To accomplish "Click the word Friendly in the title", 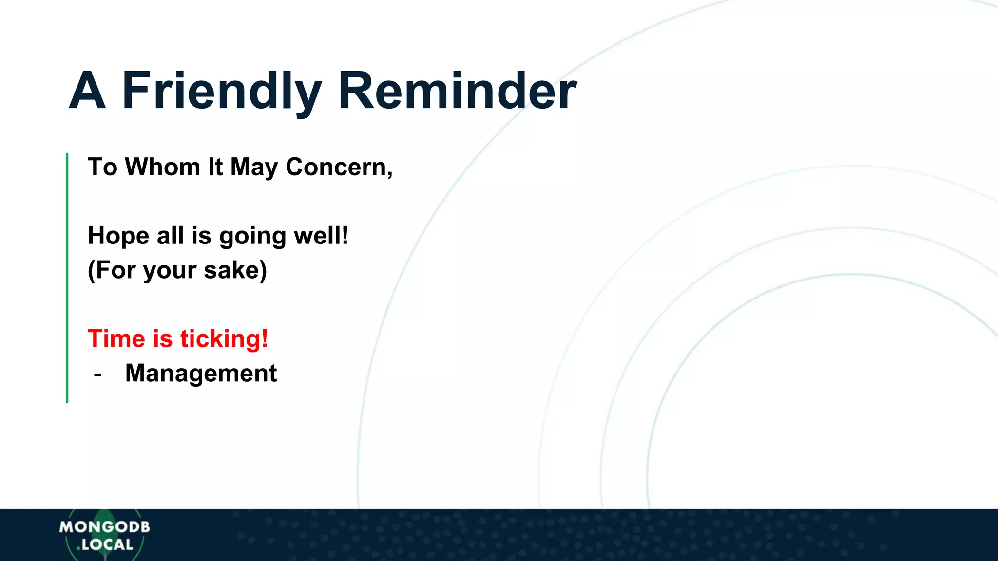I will click(x=222, y=92).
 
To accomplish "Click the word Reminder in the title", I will click(x=457, y=92).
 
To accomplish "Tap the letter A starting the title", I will click(x=87, y=92).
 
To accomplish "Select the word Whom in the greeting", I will click(x=162, y=167).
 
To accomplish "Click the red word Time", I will click(x=116, y=339).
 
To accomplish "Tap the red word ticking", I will click(x=224, y=339).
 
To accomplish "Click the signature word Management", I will click(x=201, y=374).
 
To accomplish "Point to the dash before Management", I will click(x=97, y=374).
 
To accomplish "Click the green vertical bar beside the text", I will click(x=67, y=278).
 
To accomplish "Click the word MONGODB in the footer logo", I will click(x=104, y=527).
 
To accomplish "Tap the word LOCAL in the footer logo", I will click(x=107, y=544).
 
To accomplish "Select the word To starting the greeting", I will click(x=102, y=167).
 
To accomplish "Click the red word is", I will click(x=163, y=339).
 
